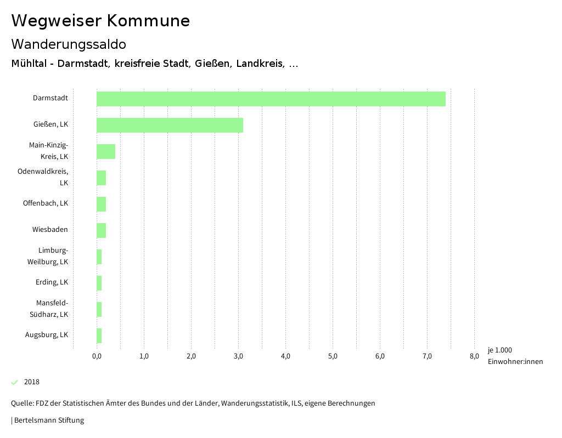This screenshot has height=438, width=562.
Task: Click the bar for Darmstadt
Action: [x=271, y=99]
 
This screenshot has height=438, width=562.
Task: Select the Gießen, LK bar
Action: [x=170, y=125]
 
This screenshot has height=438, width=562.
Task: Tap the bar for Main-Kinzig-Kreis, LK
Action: [x=106, y=151]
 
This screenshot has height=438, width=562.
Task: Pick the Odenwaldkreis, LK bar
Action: [x=101, y=178]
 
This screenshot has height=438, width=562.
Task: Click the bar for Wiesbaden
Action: [x=101, y=230]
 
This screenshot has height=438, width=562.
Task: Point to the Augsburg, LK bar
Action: [x=99, y=335]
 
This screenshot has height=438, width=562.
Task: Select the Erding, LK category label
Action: [x=52, y=282]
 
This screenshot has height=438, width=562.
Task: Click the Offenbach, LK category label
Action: [x=46, y=203]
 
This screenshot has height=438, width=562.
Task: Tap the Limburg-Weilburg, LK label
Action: [x=48, y=256]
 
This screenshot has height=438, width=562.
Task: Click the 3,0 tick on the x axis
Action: [x=238, y=356]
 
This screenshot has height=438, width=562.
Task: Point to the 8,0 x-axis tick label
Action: [x=474, y=356]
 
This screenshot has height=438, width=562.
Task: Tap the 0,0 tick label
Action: [x=97, y=356]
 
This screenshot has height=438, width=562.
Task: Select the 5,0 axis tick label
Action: [x=333, y=356]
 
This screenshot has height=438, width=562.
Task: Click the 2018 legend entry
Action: [x=32, y=382]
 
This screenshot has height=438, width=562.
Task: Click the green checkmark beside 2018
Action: [x=15, y=382]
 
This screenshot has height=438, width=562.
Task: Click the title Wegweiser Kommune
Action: [x=100, y=21]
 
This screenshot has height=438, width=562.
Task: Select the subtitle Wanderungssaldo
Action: [x=69, y=44]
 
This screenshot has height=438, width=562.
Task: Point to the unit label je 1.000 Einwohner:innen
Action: [x=515, y=356]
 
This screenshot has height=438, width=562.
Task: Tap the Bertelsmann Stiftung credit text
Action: [x=48, y=420]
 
